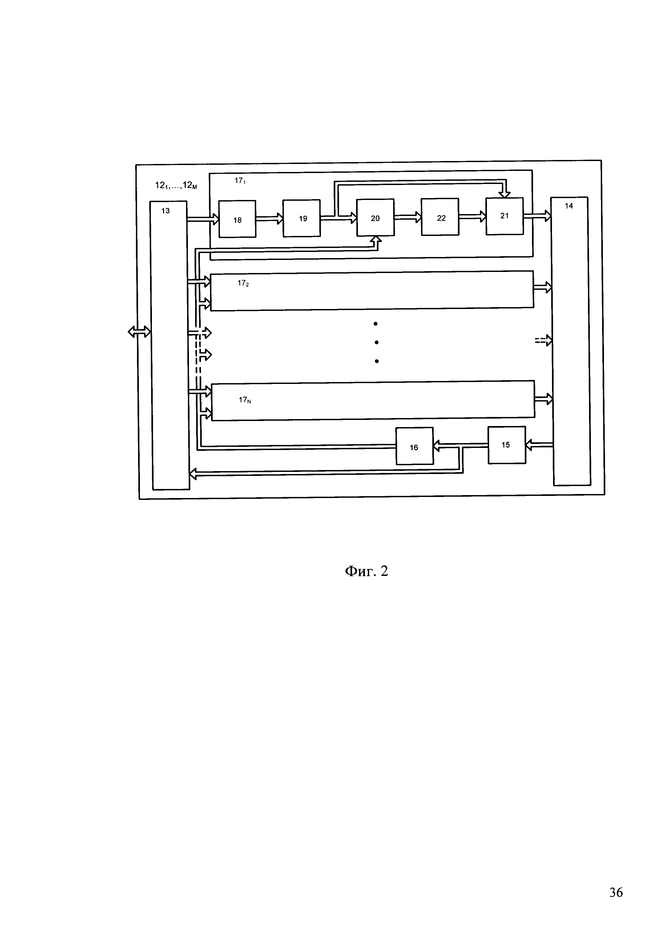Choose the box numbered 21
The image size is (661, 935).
pyautogui.click(x=504, y=216)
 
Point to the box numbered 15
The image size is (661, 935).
pyautogui.click(x=507, y=445)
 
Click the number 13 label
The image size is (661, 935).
pyautogui.click(x=166, y=211)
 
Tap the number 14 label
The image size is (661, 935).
pyautogui.click(x=569, y=206)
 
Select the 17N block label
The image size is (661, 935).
pyautogui.click(x=245, y=400)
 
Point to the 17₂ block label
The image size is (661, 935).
pyautogui.click(x=243, y=283)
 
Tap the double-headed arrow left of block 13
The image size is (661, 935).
pyautogui.click(x=139, y=332)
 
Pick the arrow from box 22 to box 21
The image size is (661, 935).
pyautogui.click(x=472, y=217)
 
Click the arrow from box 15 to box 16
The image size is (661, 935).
pyautogui.click(x=460, y=446)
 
